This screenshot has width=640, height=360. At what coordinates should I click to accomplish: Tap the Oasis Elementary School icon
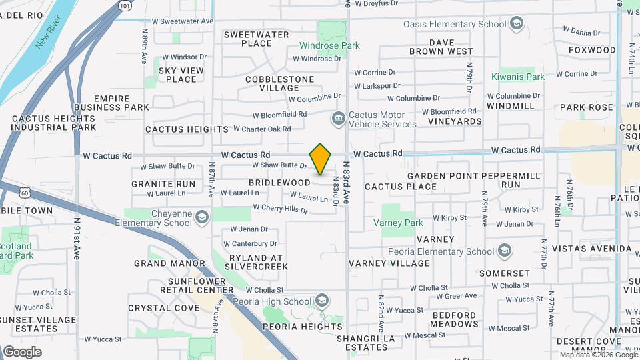tap(516, 25)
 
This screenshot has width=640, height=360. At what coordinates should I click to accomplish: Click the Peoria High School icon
tap(323, 301)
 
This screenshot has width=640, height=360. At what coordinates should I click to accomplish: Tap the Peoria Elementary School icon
tap(505, 251)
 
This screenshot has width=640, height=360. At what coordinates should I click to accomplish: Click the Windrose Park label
tap(329, 46)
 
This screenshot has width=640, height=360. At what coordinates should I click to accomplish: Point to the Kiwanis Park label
tap(519, 77)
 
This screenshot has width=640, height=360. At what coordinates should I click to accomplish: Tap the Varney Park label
tap(398, 223)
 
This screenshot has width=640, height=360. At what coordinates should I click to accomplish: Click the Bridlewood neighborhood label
tap(280, 183)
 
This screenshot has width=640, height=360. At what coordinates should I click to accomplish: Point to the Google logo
tap(22, 352)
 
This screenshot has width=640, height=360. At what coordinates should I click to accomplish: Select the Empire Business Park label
tap(112, 103)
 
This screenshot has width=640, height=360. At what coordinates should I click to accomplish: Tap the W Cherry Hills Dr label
tap(280, 209)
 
